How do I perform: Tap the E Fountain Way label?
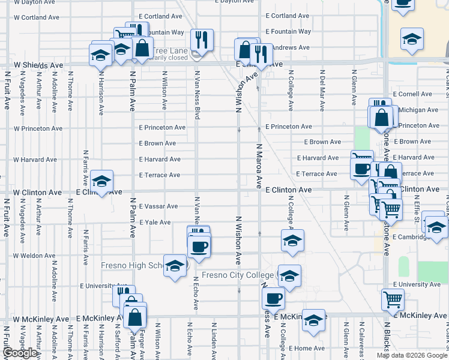[288, 31]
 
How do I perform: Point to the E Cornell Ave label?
[413, 94]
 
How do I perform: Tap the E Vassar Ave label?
[158, 206]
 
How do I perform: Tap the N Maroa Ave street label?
[260, 166]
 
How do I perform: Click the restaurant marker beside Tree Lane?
[202, 40]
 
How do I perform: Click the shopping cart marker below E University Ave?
[393, 298]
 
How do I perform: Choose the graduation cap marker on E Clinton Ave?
[102, 182]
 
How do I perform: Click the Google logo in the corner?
[20, 353]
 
